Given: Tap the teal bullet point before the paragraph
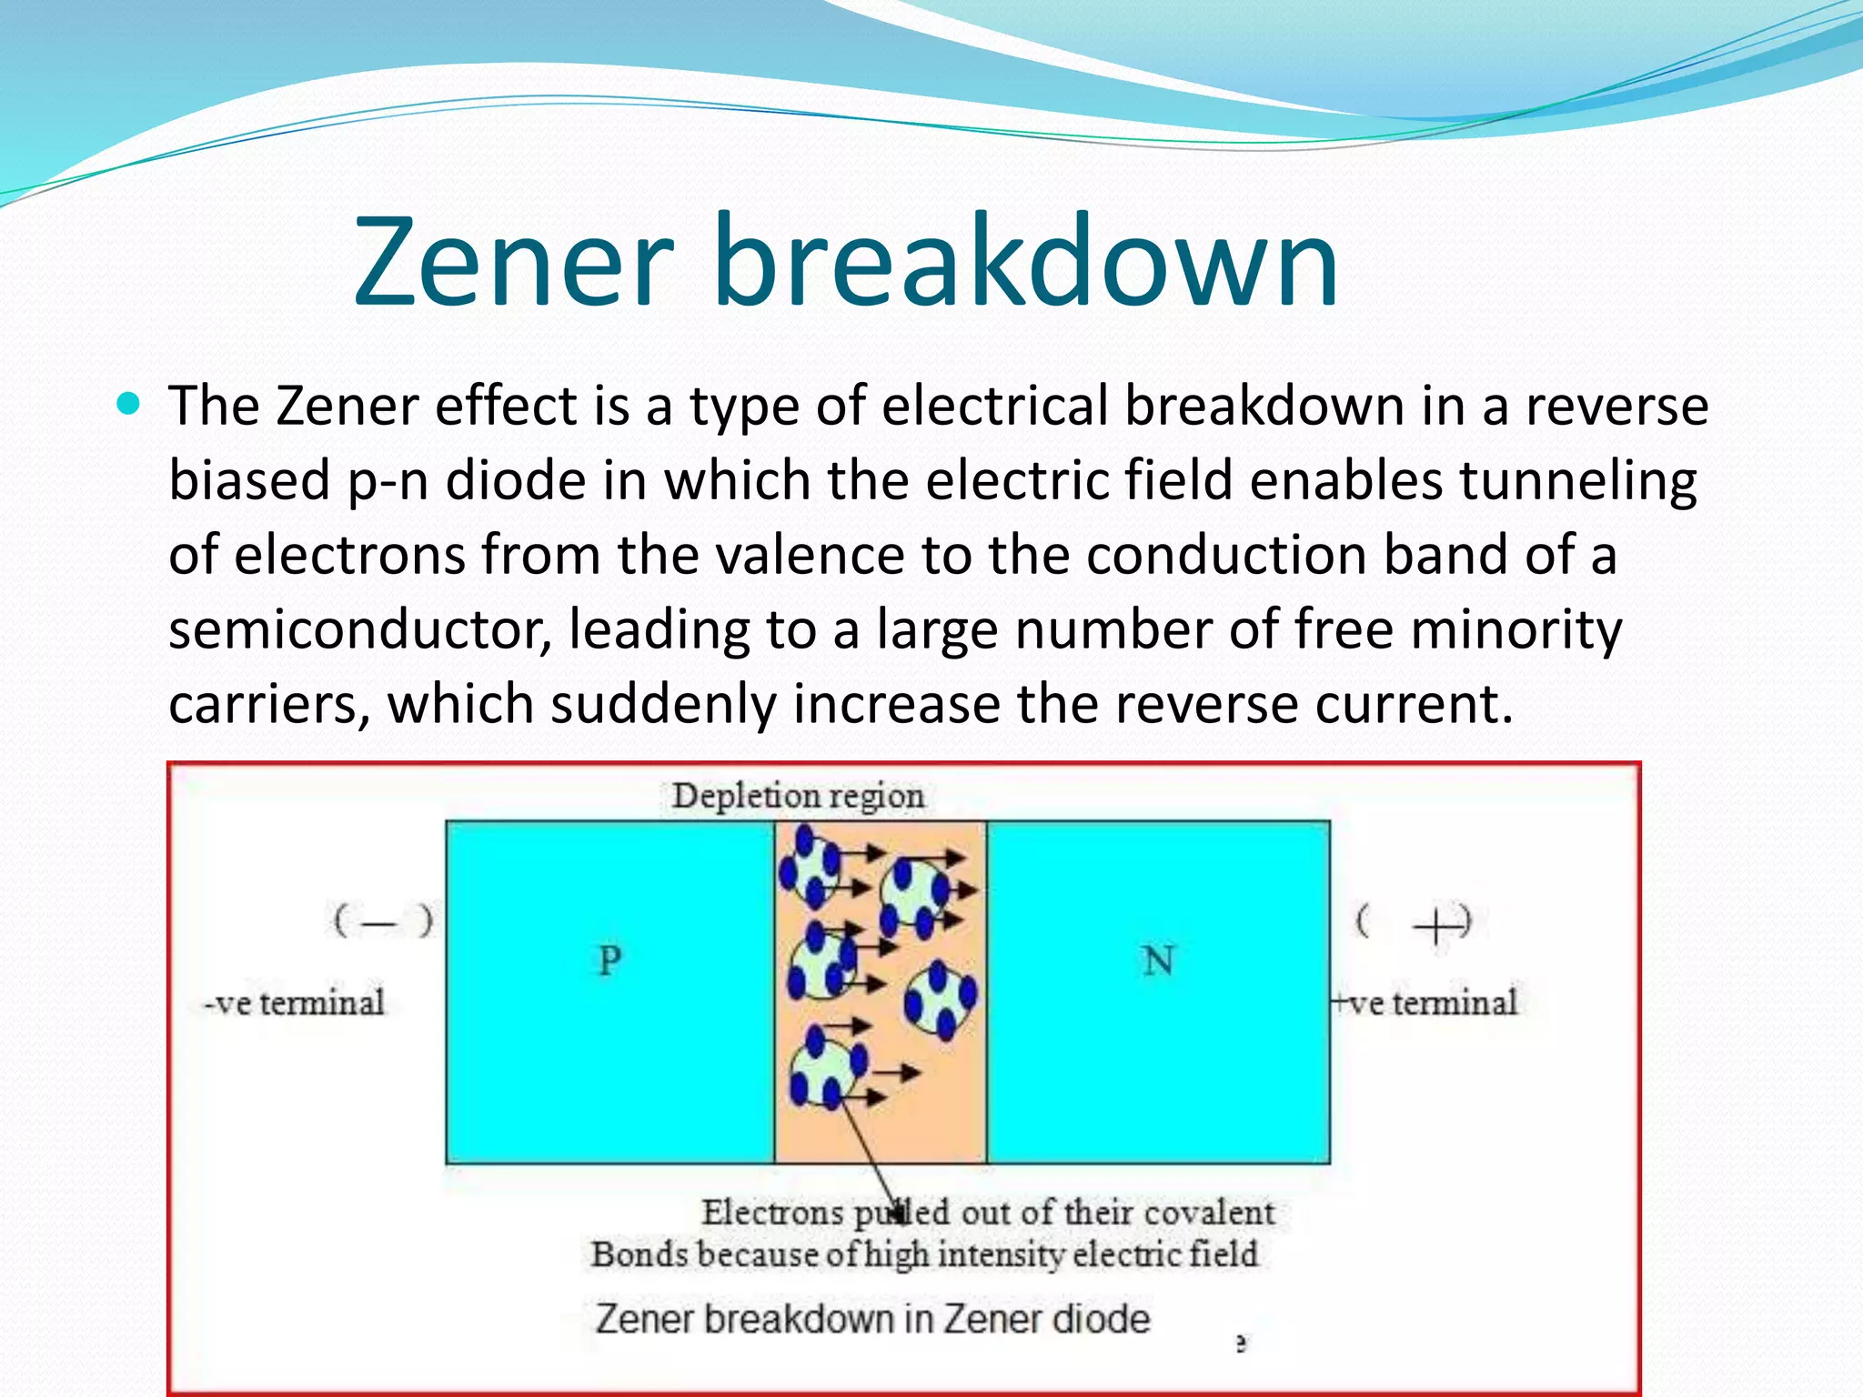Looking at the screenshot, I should tap(129, 403).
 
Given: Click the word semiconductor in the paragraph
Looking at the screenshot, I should tap(360, 629).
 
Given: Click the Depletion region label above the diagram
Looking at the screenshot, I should tap(798, 796).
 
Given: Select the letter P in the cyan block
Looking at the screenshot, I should tap(609, 960).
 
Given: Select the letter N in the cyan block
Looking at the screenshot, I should tap(1158, 960).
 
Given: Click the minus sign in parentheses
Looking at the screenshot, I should tap(380, 922).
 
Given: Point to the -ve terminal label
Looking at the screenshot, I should tap(294, 1003).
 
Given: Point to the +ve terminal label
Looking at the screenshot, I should tap(1425, 1003).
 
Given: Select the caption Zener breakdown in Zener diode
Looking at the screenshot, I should tap(872, 1319).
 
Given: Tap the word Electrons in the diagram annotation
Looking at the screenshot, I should tap(772, 1212).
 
